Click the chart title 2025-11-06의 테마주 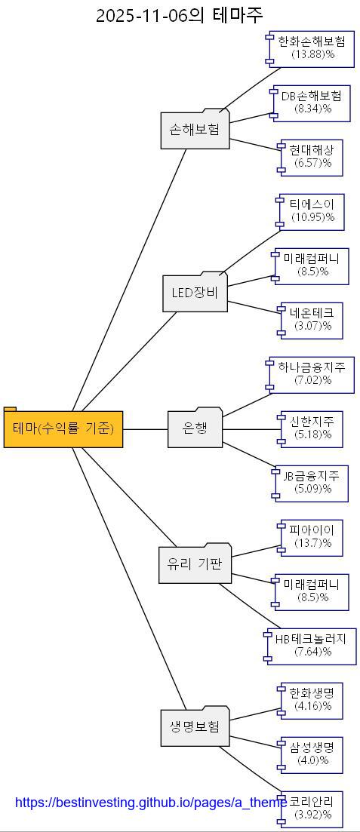pos(180,15)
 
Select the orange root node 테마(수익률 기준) pos(63,428)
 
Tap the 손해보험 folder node pos(195,130)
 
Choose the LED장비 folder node pos(195,293)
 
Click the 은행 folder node pos(195,428)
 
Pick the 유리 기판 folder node pos(195,564)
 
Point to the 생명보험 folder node pos(195,727)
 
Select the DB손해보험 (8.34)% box pos(312,103)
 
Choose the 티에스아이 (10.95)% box pos(312,211)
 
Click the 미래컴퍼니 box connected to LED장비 pos(312,266)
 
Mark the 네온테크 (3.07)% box pos(312,320)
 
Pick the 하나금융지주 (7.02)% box pos(312,374)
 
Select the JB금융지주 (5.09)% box pos(312,483)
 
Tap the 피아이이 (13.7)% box pos(312,537)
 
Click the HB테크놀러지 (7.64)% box pos(311,646)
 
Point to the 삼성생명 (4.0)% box pos(312,754)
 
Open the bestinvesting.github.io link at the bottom pos(151,803)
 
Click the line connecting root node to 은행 pos(145,428)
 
